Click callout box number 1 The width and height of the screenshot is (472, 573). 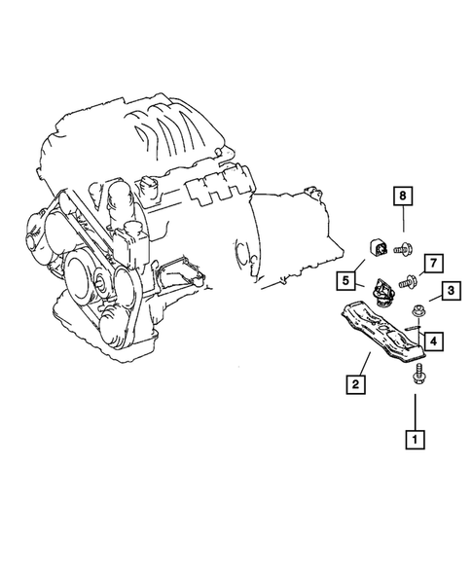(416, 440)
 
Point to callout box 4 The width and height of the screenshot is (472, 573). (433, 340)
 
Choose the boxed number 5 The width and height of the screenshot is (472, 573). (345, 282)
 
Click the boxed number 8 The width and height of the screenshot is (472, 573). (400, 197)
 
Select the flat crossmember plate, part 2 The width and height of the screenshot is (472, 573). (383, 341)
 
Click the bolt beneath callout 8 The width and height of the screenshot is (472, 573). (401, 250)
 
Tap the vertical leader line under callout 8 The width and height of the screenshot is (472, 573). (400, 224)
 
